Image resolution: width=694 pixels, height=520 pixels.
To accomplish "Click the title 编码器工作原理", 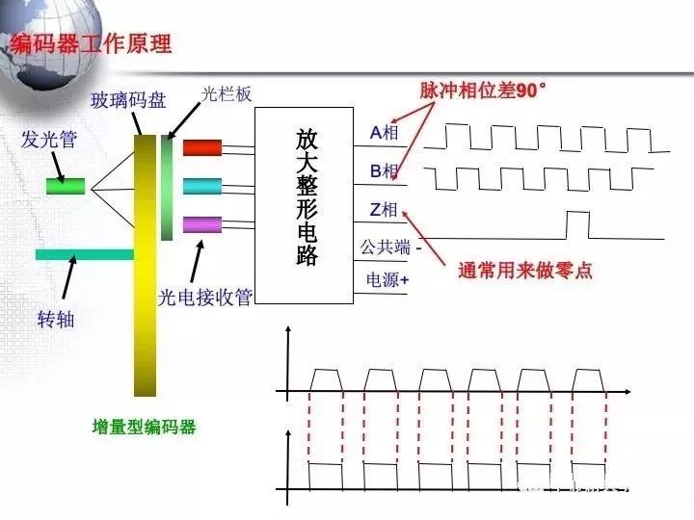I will (91, 44).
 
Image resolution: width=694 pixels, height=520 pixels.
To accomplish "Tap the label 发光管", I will (49, 140).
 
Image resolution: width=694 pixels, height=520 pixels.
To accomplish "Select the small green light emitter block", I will (66, 185).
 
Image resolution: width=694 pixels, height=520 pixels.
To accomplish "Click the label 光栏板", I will (226, 94).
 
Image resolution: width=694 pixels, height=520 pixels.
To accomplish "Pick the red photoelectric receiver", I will (202, 147).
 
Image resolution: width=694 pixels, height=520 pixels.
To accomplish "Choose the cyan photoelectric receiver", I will (202, 186).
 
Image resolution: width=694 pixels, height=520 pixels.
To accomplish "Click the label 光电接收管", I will (204, 297).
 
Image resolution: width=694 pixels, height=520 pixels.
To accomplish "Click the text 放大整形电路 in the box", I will (306, 198).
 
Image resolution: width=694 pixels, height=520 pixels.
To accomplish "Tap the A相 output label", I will (384, 132).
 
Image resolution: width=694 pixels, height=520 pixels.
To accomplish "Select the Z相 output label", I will (384, 209).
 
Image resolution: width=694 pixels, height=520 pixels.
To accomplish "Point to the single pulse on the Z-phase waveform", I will (575, 224).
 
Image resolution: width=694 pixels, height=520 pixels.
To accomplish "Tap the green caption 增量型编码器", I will (145, 427).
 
